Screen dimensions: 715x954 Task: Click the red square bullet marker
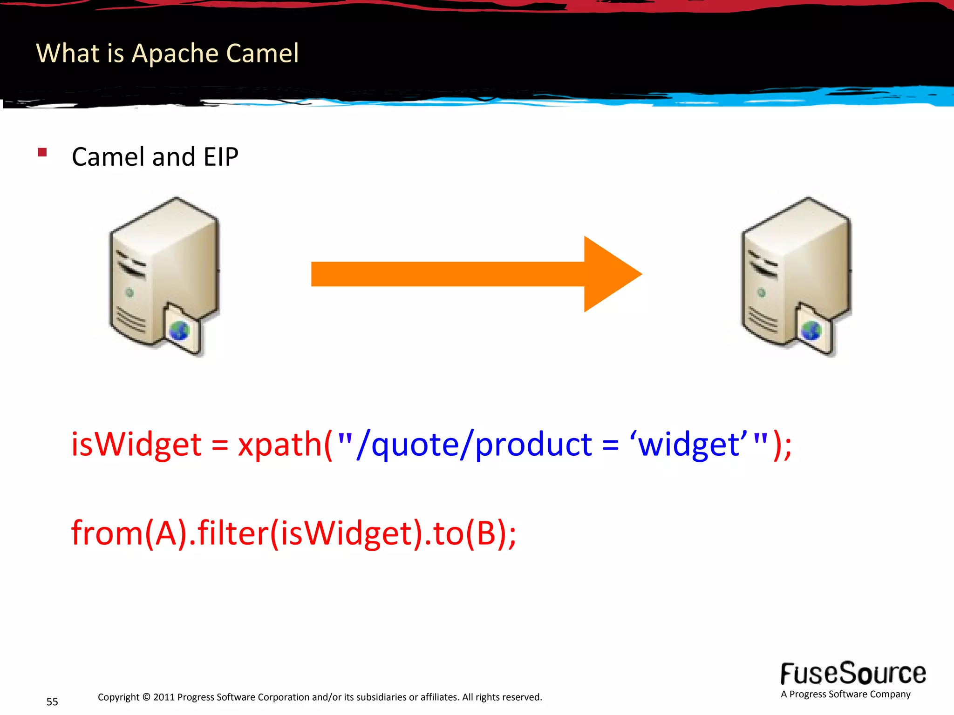42,152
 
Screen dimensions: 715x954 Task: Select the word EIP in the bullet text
221,157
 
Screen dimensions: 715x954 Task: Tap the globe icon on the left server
179,331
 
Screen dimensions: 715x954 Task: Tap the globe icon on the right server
811,331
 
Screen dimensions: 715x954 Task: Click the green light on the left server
130,292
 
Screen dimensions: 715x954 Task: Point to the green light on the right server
762,292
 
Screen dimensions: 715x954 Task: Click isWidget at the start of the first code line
136,445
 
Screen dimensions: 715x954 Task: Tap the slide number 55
52,702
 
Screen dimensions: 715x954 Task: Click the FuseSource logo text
853,674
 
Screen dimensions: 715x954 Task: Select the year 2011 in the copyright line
164,697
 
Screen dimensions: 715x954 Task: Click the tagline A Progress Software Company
845,694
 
